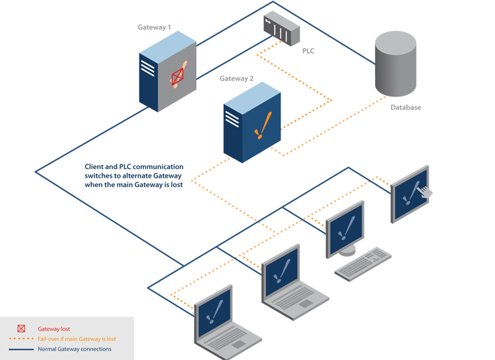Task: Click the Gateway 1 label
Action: [x=154, y=27]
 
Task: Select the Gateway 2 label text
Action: [x=236, y=78]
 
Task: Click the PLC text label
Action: [x=307, y=51]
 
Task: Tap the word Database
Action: [x=405, y=107]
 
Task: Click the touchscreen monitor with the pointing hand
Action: [x=410, y=192]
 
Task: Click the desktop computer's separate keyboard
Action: [x=362, y=263]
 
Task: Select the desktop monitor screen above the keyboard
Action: [x=345, y=229]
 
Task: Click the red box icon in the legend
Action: [x=21, y=329]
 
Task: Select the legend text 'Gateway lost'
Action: [x=54, y=329]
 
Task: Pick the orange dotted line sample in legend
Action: [x=21, y=339]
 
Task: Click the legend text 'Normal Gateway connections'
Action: [x=74, y=349]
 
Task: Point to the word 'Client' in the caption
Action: [x=95, y=166]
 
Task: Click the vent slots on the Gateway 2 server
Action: [x=232, y=119]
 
